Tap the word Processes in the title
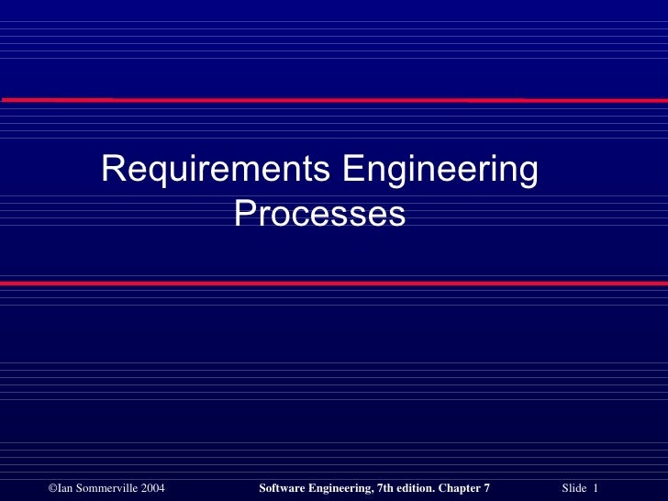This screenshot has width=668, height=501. tap(319, 214)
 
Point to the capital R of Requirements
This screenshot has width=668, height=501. tap(112, 170)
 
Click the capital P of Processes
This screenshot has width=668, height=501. tap(244, 214)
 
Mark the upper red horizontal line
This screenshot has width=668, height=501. tap(334, 98)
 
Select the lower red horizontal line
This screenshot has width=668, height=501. tap(334, 284)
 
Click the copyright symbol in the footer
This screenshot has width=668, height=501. tap(51, 486)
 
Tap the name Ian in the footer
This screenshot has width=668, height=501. tap(65, 486)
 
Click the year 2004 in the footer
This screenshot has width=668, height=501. tap(152, 486)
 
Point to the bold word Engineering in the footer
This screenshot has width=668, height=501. tap(342, 486)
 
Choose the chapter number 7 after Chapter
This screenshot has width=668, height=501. tap(486, 486)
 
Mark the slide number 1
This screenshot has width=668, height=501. tap(596, 486)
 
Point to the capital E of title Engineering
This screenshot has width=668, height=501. tap(351, 170)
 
